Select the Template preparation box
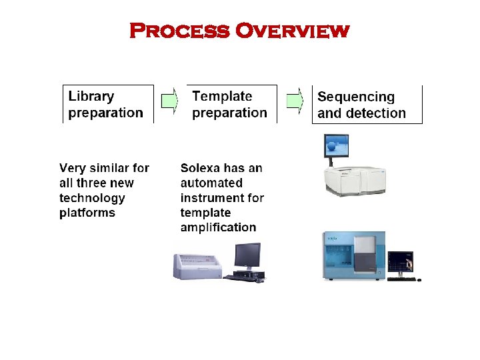(x=231, y=105)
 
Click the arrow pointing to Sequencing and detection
(x=295, y=101)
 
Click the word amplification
(x=218, y=227)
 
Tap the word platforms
(x=87, y=213)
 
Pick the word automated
(x=211, y=183)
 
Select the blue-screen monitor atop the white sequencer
(x=336, y=146)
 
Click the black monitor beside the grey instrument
(x=247, y=256)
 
